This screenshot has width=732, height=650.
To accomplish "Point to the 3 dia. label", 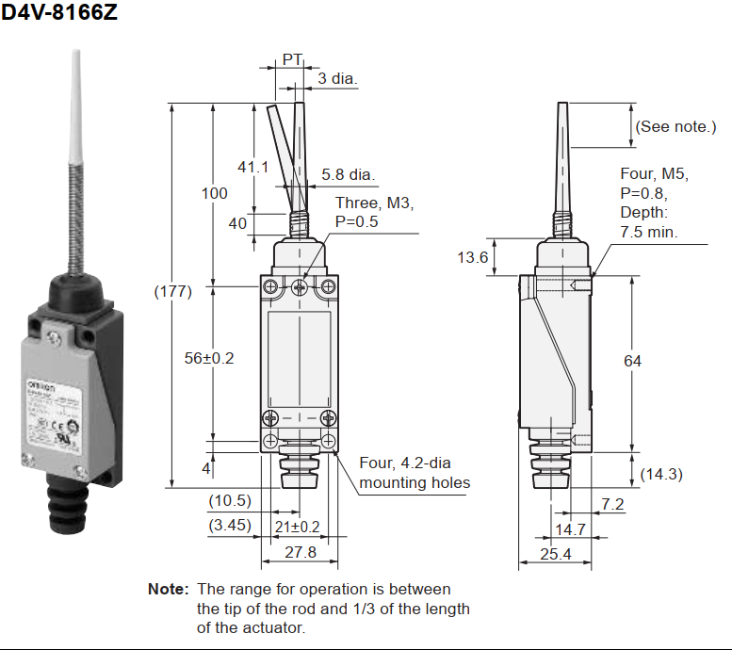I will click(x=337, y=78).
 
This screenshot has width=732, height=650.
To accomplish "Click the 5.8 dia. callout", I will click(x=348, y=174).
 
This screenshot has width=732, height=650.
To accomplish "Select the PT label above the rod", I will click(x=292, y=59).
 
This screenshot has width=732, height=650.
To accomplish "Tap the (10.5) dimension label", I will click(x=230, y=500).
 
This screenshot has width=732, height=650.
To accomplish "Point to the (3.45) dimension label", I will click(x=230, y=525).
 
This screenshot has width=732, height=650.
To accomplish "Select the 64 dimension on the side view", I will click(x=632, y=362).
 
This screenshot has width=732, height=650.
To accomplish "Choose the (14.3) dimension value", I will click(x=661, y=474).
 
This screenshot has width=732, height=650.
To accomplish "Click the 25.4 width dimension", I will click(x=556, y=554).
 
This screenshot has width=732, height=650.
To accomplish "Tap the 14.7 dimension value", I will click(x=569, y=529).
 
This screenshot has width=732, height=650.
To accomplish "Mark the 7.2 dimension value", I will click(x=612, y=504).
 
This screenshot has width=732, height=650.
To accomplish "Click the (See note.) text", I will click(x=675, y=126).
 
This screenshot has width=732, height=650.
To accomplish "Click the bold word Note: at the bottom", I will click(x=168, y=589).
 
